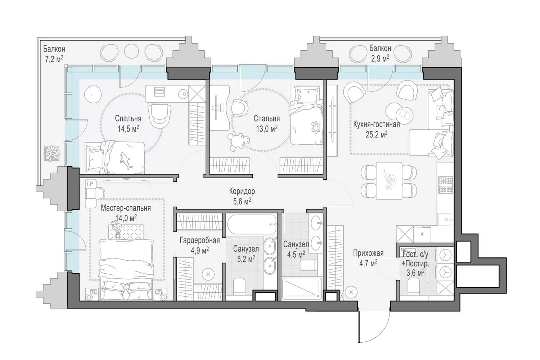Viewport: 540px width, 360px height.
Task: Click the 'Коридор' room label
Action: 242,191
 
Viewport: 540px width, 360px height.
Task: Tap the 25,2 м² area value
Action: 376,134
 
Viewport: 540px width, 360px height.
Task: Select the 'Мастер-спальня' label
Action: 126,208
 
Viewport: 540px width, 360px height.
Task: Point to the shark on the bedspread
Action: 126,160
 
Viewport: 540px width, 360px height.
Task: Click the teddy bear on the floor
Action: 239,142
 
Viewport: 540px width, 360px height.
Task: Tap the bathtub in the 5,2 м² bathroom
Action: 251,224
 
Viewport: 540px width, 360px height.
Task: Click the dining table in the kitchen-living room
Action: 389,181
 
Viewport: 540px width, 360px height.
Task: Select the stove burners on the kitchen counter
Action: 446,185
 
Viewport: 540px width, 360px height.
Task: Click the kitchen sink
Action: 445,220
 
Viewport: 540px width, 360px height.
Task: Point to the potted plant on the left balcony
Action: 51,153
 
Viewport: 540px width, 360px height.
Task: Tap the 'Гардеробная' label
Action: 199,240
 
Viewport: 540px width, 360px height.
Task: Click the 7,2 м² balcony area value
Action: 54,59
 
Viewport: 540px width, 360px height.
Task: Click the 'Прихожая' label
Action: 368,253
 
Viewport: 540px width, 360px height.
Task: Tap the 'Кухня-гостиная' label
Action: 376,124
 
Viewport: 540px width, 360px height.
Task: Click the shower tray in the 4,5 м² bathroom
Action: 302,289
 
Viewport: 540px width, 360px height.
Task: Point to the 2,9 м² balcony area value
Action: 380,58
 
